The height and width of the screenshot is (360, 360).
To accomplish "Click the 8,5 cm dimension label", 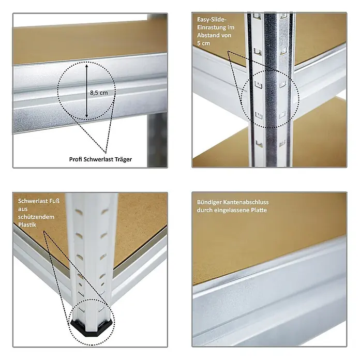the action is pos(99,93).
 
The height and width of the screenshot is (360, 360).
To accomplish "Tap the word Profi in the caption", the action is pos(76,159).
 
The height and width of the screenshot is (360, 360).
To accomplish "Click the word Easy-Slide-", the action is pos(212,20).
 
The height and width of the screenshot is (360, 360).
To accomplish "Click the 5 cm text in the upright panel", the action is pos(203,43).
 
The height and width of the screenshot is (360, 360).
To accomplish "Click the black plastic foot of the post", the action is pos(92,326).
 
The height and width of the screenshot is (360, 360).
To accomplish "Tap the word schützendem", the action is pos(36,217).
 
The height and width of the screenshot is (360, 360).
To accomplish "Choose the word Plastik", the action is pos(27,224).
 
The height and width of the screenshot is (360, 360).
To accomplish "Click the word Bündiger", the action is pos(209,202).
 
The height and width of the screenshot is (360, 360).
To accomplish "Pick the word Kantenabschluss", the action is pos(246,202).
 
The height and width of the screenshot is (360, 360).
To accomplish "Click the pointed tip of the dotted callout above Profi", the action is pos(106,153).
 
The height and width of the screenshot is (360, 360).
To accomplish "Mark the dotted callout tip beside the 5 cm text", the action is pos(228,51).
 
